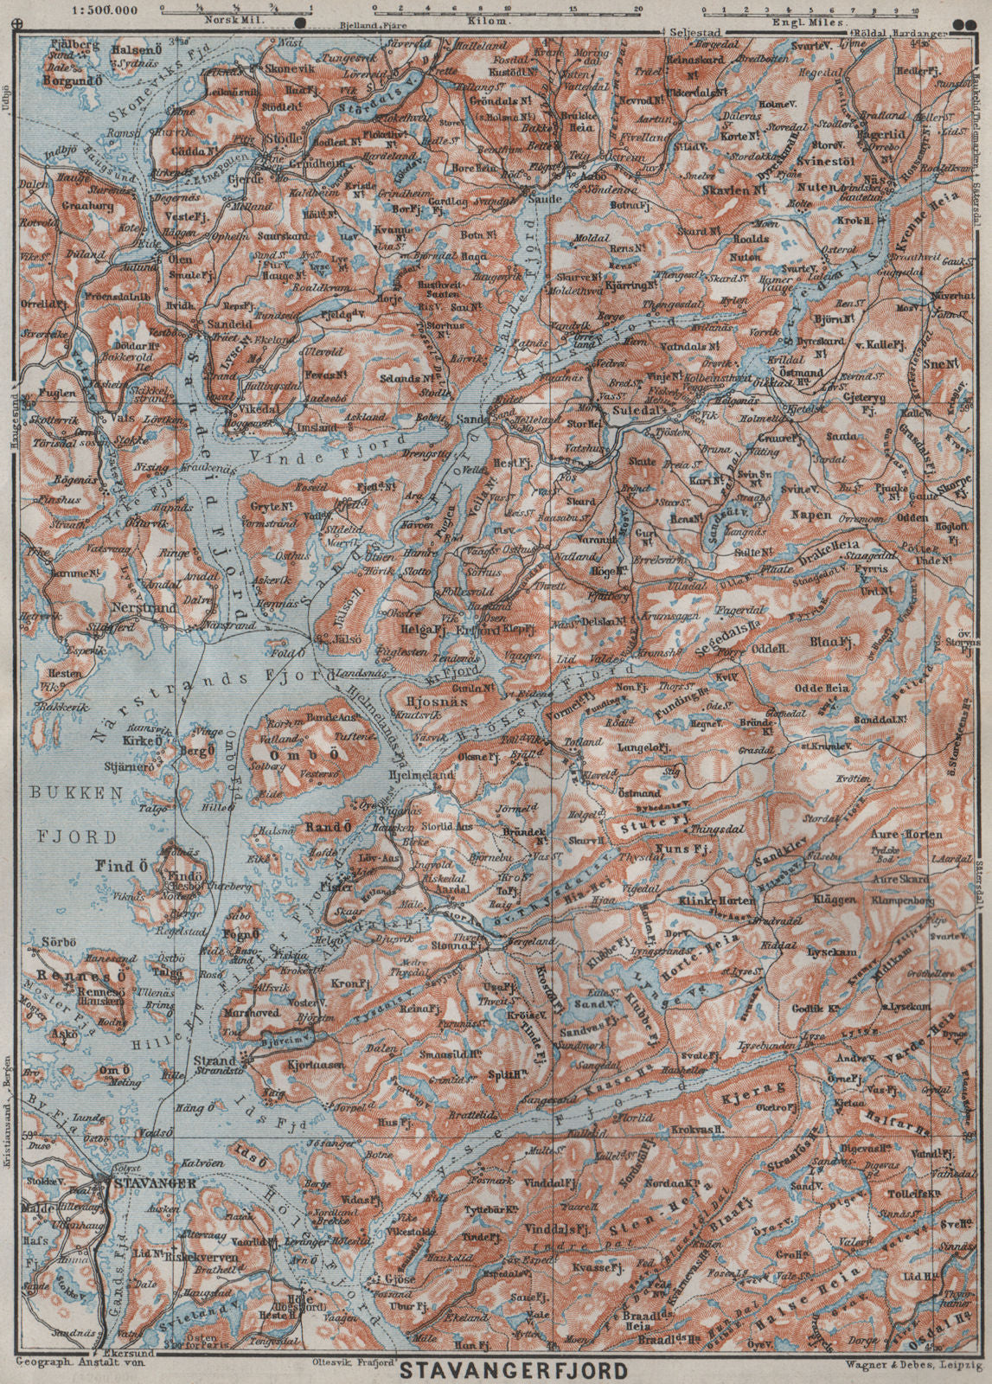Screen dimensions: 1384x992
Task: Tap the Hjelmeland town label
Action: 423,776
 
